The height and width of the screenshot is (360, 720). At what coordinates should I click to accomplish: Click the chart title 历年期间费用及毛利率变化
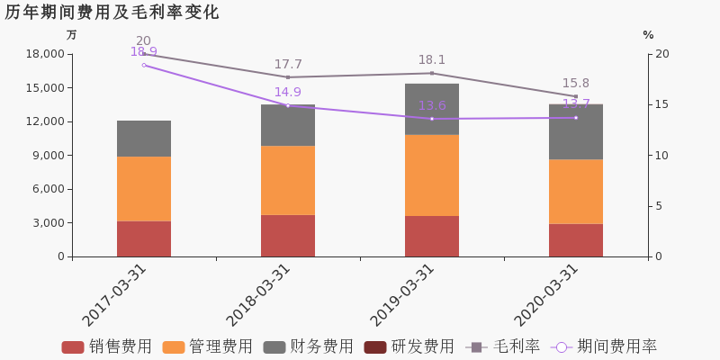[112, 13]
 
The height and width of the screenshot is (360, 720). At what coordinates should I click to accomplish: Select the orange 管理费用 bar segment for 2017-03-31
[144, 189]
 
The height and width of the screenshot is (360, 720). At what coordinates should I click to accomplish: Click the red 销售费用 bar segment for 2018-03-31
[288, 236]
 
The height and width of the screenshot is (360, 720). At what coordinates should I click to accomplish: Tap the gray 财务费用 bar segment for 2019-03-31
[432, 109]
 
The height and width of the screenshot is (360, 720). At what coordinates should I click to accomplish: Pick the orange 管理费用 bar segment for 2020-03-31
[576, 192]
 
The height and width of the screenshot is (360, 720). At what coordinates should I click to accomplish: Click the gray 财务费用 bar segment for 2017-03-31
[144, 139]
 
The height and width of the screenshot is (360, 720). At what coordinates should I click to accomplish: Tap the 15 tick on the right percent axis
[662, 104]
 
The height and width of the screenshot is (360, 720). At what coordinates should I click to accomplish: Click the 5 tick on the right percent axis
[660, 206]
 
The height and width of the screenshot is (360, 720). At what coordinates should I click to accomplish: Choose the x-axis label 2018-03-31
[258, 295]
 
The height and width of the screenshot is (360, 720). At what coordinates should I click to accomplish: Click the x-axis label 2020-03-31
[546, 295]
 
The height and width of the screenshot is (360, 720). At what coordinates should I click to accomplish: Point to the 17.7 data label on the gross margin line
[288, 65]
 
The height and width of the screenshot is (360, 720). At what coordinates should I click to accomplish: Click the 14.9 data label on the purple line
[288, 92]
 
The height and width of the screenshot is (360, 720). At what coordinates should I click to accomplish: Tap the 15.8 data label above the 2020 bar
[576, 84]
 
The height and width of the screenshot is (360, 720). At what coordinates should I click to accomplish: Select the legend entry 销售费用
[107, 347]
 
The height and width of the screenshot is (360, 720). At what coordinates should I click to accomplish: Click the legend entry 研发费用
[409, 347]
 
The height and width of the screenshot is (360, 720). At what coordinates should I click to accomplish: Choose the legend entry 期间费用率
[605, 347]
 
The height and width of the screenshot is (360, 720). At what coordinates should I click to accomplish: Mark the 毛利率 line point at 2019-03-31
[432, 73]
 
